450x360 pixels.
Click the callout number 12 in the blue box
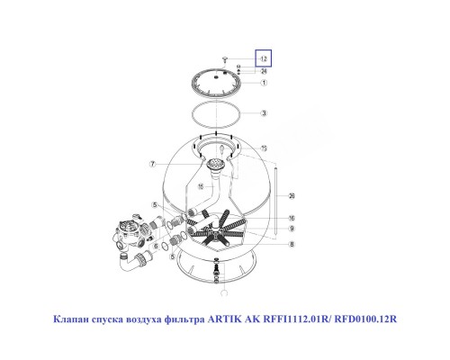coord(265,58)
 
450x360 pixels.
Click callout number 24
coord(265,71)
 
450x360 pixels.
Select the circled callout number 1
coord(265,83)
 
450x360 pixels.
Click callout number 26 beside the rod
coord(292,196)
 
